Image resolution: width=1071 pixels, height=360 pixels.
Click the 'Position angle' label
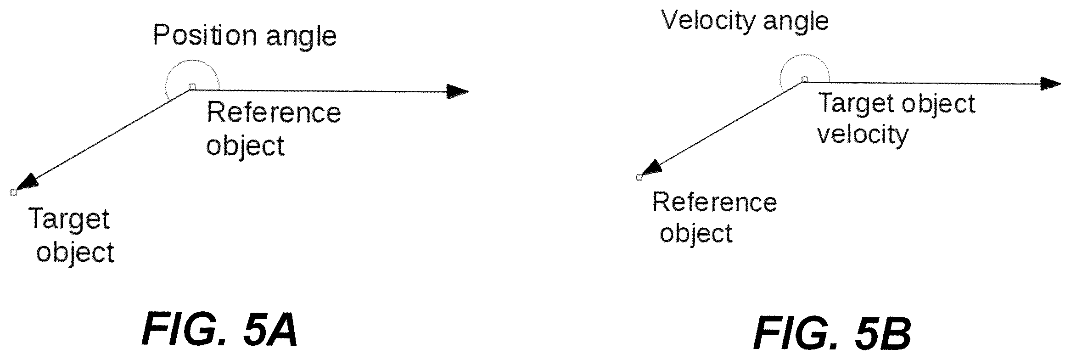[x=245, y=35]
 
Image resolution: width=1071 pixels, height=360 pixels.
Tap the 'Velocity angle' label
[x=745, y=21]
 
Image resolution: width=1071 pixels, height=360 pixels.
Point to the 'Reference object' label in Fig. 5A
[x=274, y=129]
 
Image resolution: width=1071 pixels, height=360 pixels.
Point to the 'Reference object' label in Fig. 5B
[x=714, y=217]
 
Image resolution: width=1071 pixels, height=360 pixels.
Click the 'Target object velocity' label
[x=896, y=118]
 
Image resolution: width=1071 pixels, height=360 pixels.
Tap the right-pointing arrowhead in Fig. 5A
[x=457, y=91]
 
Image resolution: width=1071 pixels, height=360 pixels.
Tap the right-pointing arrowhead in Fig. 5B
[x=1051, y=84]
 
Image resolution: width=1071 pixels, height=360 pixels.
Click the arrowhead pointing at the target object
[x=26, y=183]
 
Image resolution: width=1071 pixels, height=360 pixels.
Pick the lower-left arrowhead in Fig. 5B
[x=651, y=169]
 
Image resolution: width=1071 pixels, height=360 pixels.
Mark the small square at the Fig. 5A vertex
[x=193, y=86]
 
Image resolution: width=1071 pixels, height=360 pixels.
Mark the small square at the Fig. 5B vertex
[x=804, y=79]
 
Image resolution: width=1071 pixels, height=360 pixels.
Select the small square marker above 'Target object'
[x=14, y=192]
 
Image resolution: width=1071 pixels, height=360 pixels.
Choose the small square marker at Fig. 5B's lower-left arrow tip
[x=639, y=177]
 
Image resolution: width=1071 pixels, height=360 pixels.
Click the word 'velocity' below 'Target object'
[x=863, y=135]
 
